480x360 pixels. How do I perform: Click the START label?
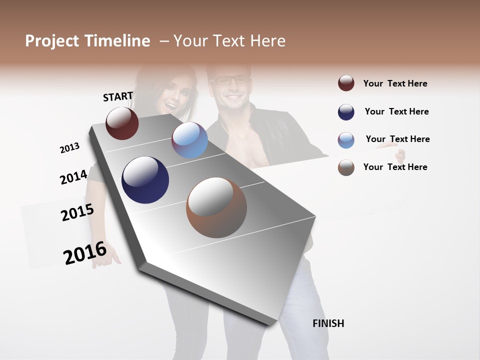point(118,96)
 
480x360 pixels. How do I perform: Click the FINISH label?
point(328,323)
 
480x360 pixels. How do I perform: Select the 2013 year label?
point(69,148)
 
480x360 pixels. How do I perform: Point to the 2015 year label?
point(77,213)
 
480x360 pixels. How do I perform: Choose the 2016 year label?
point(85,253)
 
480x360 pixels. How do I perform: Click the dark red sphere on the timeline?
point(122,123)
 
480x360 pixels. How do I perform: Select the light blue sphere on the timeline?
point(189,140)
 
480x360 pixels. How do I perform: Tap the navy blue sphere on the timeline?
point(145,180)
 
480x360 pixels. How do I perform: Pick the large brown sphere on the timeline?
point(216,207)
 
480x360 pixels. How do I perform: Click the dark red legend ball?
point(346,83)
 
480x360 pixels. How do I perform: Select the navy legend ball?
point(346,112)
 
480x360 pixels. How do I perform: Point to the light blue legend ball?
point(346,140)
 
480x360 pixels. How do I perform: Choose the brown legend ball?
point(346,167)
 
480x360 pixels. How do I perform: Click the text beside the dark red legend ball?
point(395,83)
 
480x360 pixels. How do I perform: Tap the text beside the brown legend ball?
point(395,167)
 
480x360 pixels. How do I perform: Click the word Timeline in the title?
point(117,41)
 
